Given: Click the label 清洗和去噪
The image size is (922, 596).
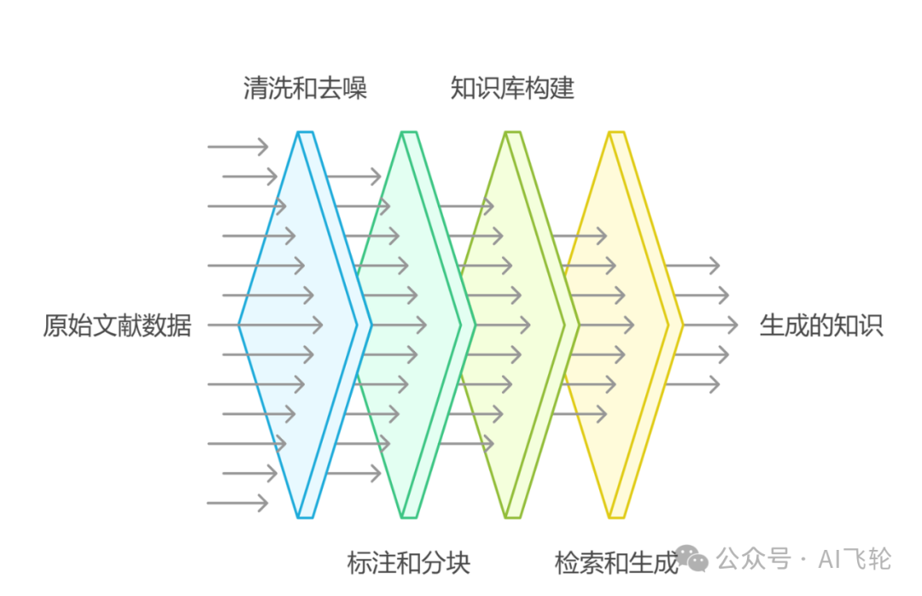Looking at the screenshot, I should click(x=305, y=88).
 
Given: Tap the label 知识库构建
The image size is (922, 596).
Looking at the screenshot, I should click(x=512, y=88).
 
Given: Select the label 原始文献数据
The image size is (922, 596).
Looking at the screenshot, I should click(x=117, y=325).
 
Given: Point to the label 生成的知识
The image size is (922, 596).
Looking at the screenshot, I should click(x=820, y=325).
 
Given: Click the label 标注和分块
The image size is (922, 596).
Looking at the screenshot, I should click(x=408, y=563).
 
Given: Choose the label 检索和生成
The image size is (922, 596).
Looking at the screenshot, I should click(x=616, y=563).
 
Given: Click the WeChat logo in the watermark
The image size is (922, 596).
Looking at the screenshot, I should click(x=695, y=559).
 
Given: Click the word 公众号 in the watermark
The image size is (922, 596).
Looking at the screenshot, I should click(x=754, y=559).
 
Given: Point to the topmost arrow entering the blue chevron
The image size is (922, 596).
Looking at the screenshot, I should click(x=237, y=147).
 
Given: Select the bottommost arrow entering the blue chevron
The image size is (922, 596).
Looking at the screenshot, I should click(x=237, y=503).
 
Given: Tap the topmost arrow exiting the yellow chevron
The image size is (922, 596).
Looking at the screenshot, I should click(x=691, y=266).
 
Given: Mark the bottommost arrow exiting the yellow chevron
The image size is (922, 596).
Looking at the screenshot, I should click(x=691, y=383).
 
